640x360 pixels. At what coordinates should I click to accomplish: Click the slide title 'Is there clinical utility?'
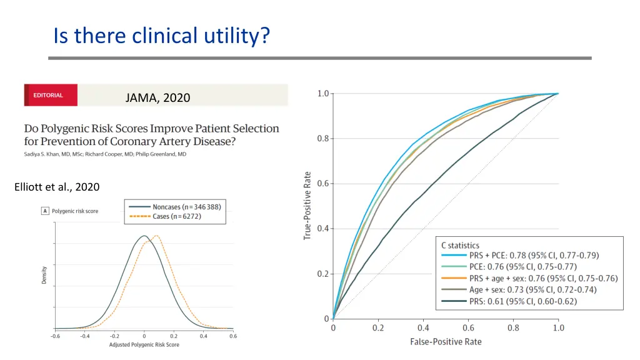(162, 36)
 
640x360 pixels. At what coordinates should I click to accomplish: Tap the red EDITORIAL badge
(51, 96)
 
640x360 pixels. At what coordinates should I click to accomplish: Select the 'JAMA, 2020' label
(157, 97)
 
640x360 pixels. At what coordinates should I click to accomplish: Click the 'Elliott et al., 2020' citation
(56, 187)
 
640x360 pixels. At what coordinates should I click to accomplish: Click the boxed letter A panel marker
(45, 211)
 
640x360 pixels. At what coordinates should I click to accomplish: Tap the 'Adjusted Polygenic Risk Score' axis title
(144, 344)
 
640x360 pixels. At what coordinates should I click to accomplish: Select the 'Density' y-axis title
(44, 276)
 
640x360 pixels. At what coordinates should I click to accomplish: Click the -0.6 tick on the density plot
(55, 336)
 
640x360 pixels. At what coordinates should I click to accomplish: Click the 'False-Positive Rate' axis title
(446, 342)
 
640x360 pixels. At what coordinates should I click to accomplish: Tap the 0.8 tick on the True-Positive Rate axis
(323, 139)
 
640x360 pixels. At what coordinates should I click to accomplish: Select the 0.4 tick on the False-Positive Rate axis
(423, 328)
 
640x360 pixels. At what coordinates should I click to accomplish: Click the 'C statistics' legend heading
(461, 246)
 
